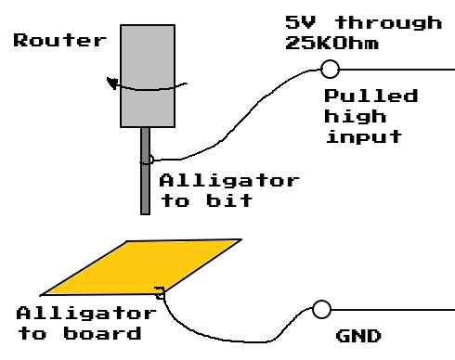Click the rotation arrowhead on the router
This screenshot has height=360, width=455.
[x=112, y=84]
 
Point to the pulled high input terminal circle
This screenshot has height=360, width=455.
[x=328, y=68]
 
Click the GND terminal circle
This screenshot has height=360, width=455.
[x=321, y=309]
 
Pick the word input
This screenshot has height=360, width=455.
[x=362, y=136]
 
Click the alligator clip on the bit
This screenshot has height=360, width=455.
[x=149, y=159]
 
